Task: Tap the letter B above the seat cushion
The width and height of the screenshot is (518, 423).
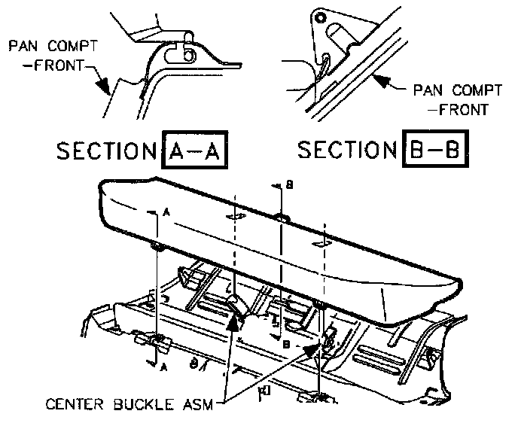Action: (290, 184)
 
